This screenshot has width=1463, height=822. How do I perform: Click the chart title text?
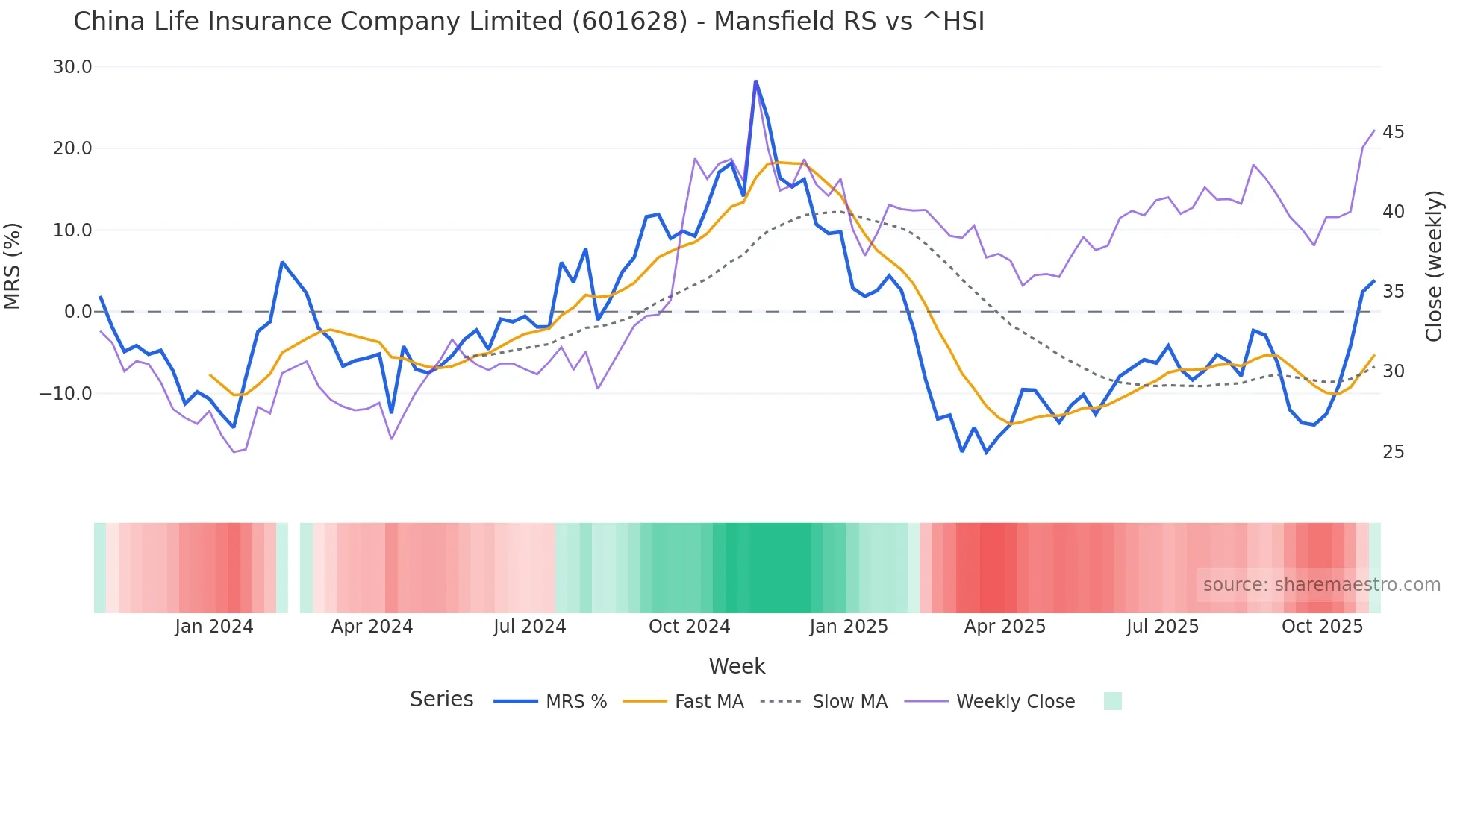pos(528,22)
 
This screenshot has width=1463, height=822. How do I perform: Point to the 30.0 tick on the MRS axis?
pos(72,67)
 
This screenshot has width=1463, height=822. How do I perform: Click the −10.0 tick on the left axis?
pos(66,393)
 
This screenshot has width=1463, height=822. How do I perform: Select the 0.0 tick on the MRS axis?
pos(78,312)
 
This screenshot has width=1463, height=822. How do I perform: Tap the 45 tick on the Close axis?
pos(1393,132)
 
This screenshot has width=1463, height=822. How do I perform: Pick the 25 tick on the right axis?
pos(1393,452)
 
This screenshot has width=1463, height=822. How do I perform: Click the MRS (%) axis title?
pos(13,266)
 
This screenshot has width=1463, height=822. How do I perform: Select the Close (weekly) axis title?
pos(1433,266)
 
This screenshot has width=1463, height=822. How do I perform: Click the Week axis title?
pos(737,666)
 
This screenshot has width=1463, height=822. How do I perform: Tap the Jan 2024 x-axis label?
pos(214,627)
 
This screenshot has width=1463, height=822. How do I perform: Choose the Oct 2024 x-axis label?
pos(689,627)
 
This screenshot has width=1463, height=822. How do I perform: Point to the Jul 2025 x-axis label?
pos(1162,627)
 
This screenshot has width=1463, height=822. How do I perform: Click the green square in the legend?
pos(1112,701)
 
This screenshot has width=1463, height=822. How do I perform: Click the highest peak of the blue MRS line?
pos(755,81)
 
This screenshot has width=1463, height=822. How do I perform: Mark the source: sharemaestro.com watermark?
pos(1321,585)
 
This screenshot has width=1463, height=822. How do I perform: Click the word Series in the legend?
pos(441,700)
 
